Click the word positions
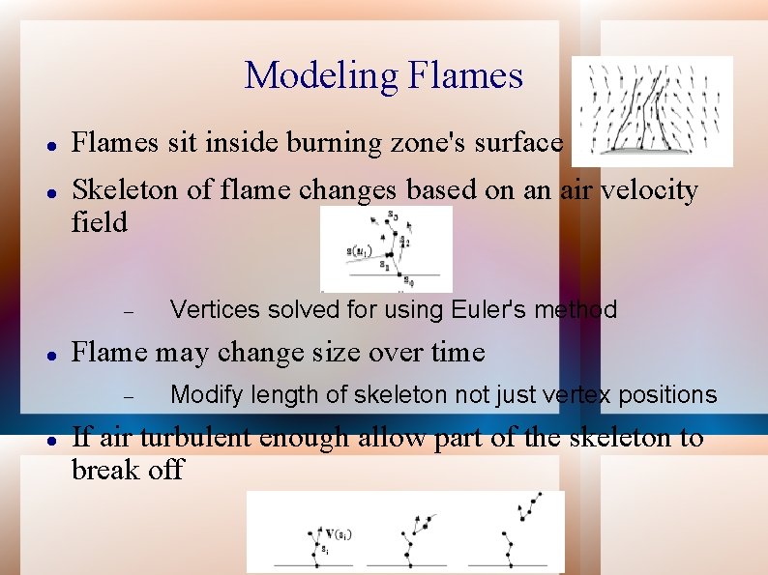[669, 394]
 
